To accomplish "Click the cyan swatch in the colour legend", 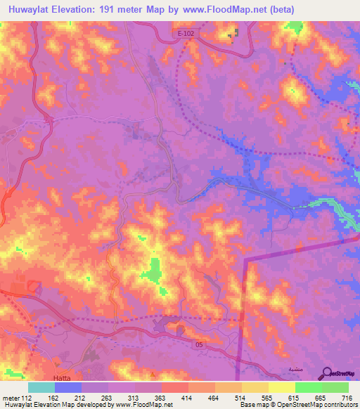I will pyautogui.click(x=41, y=387).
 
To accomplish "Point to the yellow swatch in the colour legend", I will pyautogui.click(x=282, y=387).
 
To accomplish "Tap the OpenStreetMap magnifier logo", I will pyautogui.click(x=327, y=372).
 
